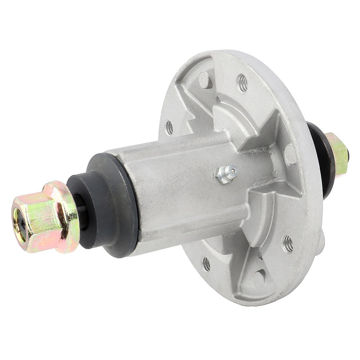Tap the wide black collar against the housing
(x=115, y=202)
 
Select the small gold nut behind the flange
(x=338, y=154)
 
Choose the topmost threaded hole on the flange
(x=242, y=83)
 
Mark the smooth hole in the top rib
(x=204, y=80)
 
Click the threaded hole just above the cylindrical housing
(x=169, y=127)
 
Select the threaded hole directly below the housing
(x=206, y=264)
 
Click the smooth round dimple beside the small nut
(x=290, y=154)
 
